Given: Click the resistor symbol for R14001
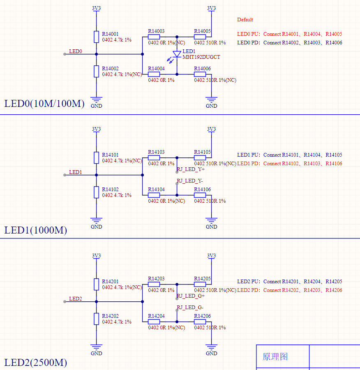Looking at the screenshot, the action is (x=96, y=37).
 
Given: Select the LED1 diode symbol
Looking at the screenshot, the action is (x=177, y=54).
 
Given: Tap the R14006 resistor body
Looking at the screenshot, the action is (x=200, y=74).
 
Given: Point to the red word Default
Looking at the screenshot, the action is (x=245, y=20).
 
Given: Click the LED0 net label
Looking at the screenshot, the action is (x=76, y=51).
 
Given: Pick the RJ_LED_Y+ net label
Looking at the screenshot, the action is (x=191, y=169).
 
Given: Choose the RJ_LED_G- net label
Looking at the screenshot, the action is (x=190, y=307).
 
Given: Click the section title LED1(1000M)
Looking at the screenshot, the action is (x=36, y=230).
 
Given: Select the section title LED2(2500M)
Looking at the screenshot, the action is (x=36, y=363).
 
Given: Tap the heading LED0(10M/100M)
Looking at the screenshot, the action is (x=44, y=104).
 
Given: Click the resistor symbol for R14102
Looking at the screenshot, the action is (x=96, y=192).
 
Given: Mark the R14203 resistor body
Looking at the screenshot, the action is (x=154, y=284).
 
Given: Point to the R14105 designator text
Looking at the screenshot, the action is (x=202, y=152).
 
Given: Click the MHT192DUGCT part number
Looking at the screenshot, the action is (x=201, y=57).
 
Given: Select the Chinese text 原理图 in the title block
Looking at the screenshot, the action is (x=275, y=356).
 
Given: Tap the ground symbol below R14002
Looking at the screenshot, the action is (x=96, y=100).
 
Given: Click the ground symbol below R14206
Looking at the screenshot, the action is (x=211, y=347).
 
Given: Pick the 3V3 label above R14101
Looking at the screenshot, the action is (x=96, y=129).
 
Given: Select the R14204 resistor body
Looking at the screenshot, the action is (x=154, y=321).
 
